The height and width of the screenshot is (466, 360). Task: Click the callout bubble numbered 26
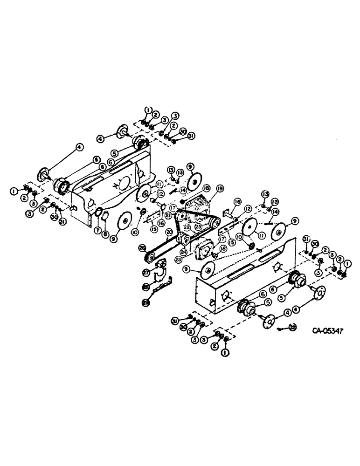click(142, 248)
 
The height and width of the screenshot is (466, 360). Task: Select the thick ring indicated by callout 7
click(99, 214)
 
